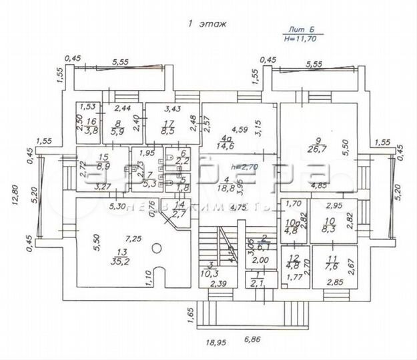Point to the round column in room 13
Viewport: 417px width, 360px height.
pyautogui.click(x=155, y=248)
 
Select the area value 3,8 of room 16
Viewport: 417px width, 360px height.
pyautogui.click(x=93, y=131)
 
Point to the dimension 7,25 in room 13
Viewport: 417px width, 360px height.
pyautogui.click(x=125, y=238)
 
